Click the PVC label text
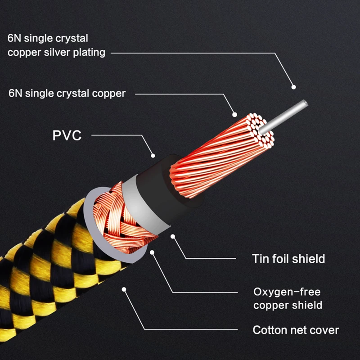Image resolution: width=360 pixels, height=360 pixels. [x=67, y=135]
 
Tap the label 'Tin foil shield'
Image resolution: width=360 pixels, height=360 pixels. [x=288, y=259]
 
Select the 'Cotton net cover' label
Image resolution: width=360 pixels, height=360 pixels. [x=296, y=330]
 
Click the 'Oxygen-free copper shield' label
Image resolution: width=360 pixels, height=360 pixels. [x=288, y=298]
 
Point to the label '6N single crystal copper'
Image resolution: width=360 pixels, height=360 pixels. [x=67, y=94]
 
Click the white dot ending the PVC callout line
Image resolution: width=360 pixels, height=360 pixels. [x=153, y=156]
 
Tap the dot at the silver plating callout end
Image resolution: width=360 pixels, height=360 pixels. [x=294, y=86]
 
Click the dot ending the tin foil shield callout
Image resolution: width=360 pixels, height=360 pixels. [x=173, y=235]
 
